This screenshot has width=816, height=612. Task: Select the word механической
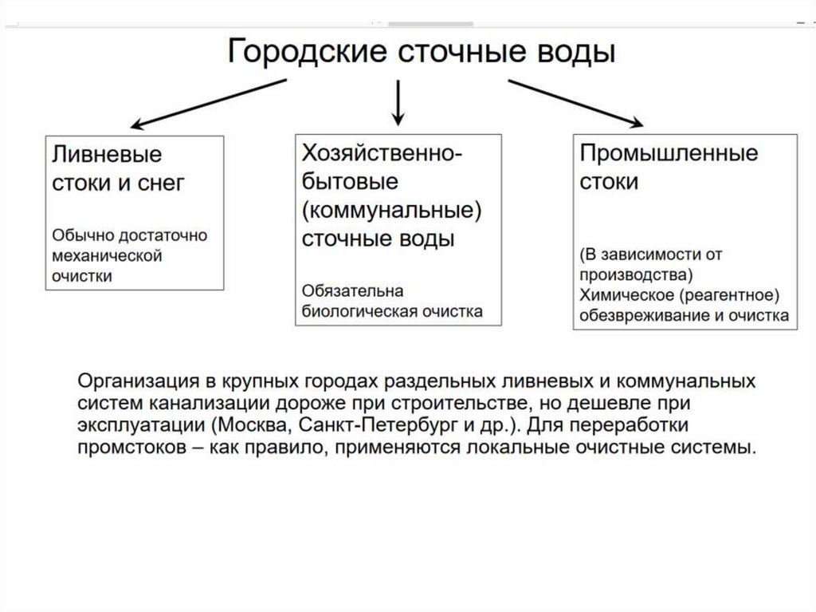108,256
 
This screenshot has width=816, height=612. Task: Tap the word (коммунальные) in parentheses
394,210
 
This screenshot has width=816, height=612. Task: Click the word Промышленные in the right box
669,152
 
